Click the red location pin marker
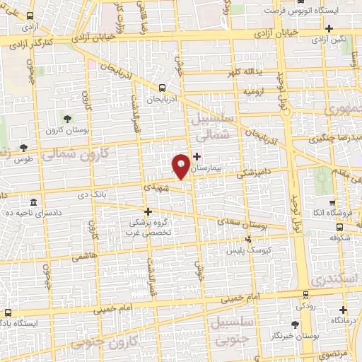pyautogui.click(x=181, y=165)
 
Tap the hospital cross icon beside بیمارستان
pyautogui.click(x=197, y=156)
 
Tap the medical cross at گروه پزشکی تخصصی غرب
pyautogui.click(x=148, y=211)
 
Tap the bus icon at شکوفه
pyautogui.click(x=340, y=227)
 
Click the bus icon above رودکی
pyautogui.click(x=305, y=296)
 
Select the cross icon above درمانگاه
pyautogui.click(x=343, y=310)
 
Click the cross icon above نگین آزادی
pyautogui.click(x=330, y=28)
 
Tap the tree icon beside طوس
pyautogui.click(x=24, y=148)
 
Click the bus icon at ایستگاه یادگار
pyautogui.click(x=8, y=312)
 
